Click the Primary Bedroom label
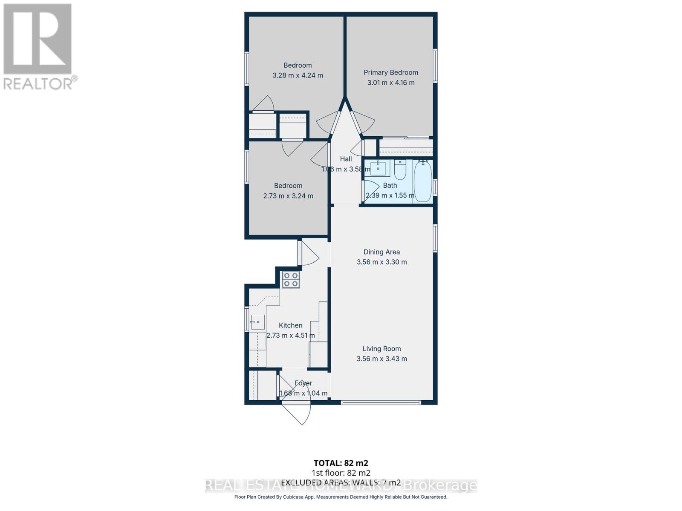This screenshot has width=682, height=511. coord(390,72)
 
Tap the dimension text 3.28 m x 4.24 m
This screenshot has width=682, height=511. coord(298,75)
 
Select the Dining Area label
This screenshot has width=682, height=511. coord(381,252)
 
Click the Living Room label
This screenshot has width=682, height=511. coord(381,348)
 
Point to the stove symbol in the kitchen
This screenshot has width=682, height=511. coord(291,279)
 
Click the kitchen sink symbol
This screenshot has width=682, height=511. coord(257,322)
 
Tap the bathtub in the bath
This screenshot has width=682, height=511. coord(423,181)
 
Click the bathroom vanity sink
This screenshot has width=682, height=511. coord(378,168)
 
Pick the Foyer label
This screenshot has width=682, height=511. coord(303,383)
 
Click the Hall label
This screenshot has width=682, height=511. coord(346,159)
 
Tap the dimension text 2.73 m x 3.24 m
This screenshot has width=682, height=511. coord(288,196)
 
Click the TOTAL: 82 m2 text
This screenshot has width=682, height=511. coord(341,463)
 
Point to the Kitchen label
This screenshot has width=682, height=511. coord(290,325)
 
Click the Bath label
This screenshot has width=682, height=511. coord(390,185)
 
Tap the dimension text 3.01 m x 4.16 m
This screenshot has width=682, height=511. coord(390,83)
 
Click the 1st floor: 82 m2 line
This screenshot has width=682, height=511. coord(341,473)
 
